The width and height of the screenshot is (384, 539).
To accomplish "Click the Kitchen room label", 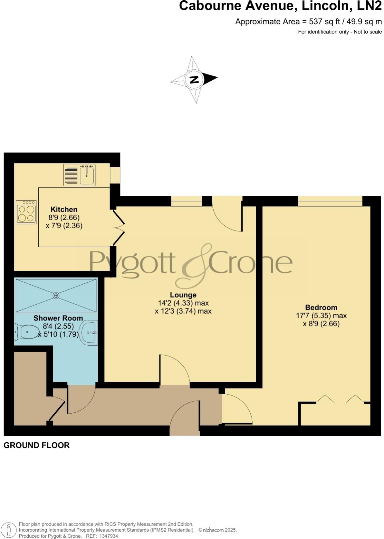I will (64, 210).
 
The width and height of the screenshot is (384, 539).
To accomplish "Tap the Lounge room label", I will (183, 295).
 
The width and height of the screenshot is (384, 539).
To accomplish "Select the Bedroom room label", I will (321, 308).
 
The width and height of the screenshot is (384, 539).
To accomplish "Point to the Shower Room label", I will (58, 318).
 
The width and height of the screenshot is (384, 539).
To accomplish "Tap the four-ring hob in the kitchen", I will (26, 212).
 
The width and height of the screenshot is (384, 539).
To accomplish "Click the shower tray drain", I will (56, 295).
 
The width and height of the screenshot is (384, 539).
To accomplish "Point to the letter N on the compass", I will (194, 79).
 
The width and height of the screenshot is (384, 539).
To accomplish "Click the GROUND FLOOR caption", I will (36, 446).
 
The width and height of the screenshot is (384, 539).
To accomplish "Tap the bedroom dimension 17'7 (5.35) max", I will (321, 316).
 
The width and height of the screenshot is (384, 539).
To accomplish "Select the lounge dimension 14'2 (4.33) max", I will (183, 303).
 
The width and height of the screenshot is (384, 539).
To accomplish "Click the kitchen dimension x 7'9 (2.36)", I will (64, 226).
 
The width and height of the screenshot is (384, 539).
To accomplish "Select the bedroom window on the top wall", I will (330, 201).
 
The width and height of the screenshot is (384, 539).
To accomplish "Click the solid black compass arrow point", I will (211, 78).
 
